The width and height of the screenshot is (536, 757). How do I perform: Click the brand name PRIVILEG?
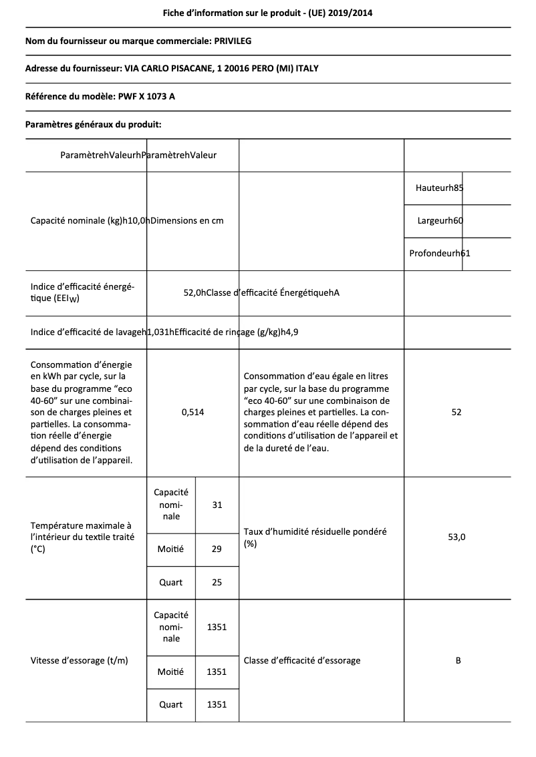tap(233, 41)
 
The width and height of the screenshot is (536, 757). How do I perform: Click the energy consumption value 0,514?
tap(192, 413)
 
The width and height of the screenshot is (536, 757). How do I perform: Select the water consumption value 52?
tap(456, 413)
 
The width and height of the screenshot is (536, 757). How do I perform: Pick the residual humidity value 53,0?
tap(456, 537)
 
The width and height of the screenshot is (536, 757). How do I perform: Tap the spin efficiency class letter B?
tap(458, 660)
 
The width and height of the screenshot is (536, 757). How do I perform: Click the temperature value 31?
tap(217, 505)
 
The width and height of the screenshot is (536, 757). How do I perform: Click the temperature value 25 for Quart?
tap(217, 582)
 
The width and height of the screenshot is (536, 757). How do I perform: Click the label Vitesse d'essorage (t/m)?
tap(80, 660)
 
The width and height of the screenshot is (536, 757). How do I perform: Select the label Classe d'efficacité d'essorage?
tap(302, 660)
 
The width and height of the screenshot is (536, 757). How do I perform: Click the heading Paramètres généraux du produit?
tap(93, 124)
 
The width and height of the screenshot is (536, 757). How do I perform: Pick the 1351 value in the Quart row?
tap(217, 704)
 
